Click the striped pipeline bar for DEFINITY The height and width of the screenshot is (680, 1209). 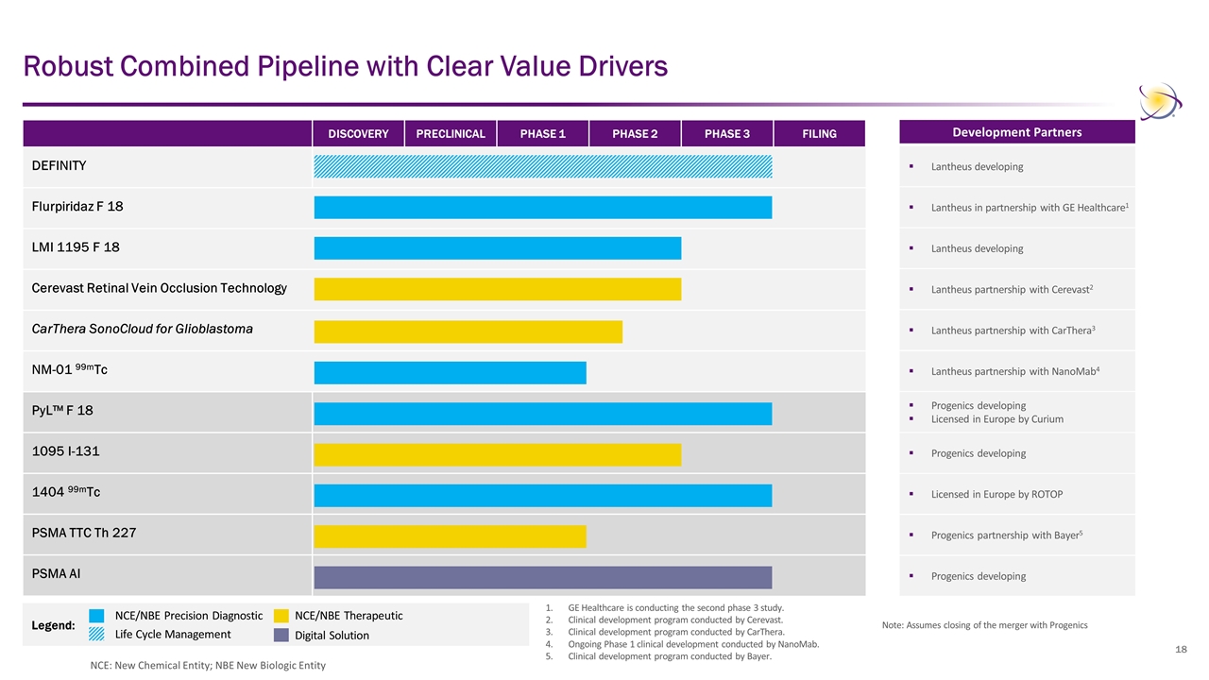[x=543, y=166]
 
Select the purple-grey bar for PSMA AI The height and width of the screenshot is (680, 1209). [x=543, y=577]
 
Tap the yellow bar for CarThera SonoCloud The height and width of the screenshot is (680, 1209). [x=468, y=331]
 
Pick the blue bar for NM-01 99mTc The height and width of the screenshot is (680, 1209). [x=450, y=373]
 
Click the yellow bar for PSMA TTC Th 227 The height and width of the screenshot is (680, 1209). [x=450, y=536]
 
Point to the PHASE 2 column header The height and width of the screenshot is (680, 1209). [x=635, y=134]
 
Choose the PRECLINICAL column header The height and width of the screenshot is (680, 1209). [x=451, y=134]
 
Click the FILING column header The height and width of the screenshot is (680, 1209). [x=819, y=134]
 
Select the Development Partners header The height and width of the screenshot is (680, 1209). [x=1017, y=132]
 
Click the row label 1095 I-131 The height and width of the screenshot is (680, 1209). [x=65, y=451]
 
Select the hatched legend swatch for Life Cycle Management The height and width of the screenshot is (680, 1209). [x=97, y=635]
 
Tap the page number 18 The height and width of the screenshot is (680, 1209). [x=1181, y=650]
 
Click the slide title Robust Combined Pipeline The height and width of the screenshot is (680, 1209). [x=346, y=67]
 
